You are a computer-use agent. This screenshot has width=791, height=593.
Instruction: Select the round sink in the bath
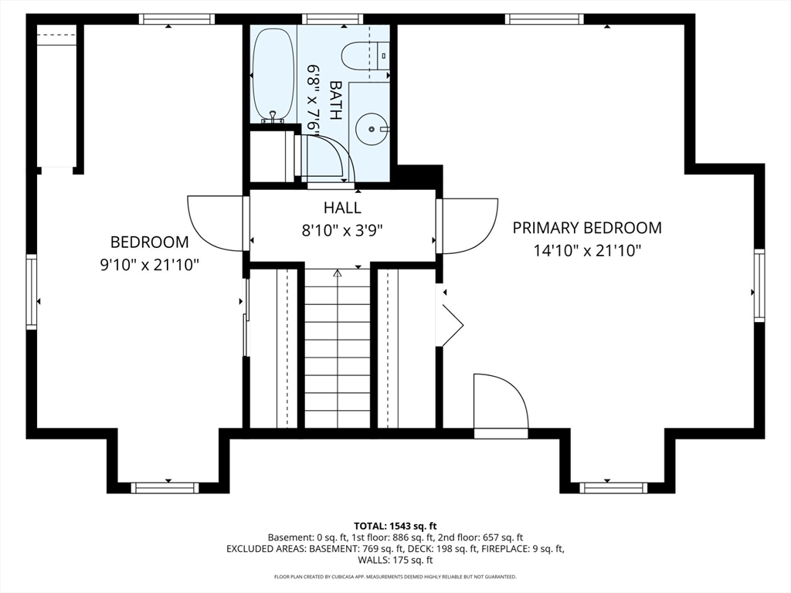click(372, 129)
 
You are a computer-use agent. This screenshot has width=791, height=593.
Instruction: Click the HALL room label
click(342, 208)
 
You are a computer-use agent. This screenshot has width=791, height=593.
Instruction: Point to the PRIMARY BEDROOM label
click(587, 228)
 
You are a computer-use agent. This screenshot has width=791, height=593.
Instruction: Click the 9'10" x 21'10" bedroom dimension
click(150, 266)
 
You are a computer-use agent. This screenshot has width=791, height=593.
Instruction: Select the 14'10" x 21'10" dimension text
click(587, 251)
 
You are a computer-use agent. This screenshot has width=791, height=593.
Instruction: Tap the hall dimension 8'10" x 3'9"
click(342, 230)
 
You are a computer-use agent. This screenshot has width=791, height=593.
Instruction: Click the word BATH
click(334, 100)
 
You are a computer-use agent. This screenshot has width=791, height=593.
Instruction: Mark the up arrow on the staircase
click(338, 274)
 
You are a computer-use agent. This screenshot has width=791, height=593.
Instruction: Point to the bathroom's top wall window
click(332, 19)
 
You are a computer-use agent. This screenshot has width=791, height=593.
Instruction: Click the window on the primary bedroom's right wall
click(759, 285)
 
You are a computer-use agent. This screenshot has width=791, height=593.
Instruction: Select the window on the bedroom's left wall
click(32, 292)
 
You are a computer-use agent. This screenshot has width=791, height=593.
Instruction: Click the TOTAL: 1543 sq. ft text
click(395, 527)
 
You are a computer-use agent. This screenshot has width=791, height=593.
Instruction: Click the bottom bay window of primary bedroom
click(613, 488)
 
